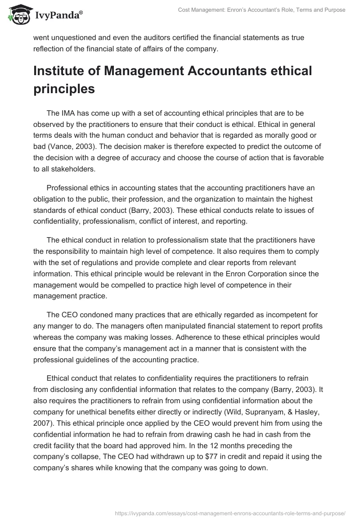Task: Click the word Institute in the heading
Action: pyautogui.click(x=57, y=71)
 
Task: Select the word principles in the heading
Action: pyautogui.click(x=64, y=89)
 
